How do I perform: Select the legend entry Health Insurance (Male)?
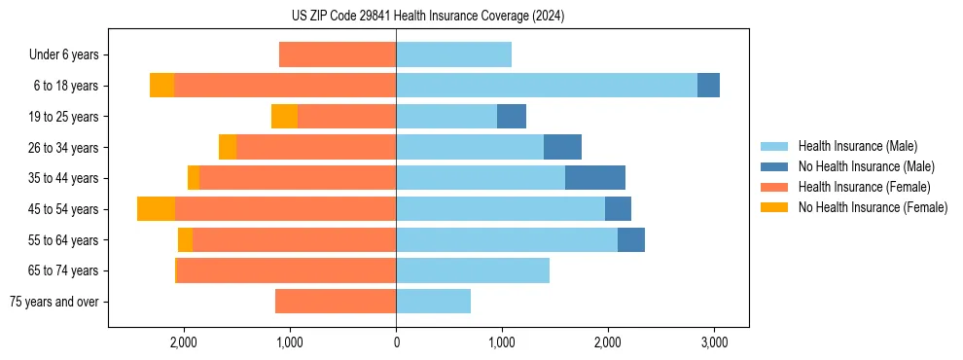tap(857, 146)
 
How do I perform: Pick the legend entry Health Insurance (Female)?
tap(864, 187)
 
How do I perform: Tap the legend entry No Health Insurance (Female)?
tap(873, 207)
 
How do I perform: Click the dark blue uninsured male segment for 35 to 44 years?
tap(595, 178)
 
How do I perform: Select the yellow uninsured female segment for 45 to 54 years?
tap(156, 209)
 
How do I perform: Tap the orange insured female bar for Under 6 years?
tap(338, 54)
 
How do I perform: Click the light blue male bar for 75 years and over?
tap(433, 302)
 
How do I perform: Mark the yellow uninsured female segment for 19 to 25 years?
tap(284, 117)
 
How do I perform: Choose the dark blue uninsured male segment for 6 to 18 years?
tap(708, 86)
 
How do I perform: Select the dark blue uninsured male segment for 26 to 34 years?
tap(562, 147)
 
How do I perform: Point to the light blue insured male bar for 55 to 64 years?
tap(507, 239)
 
